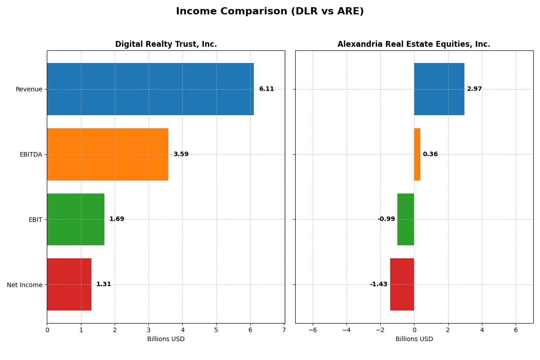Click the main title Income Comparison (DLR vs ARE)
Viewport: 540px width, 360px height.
coord(270,11)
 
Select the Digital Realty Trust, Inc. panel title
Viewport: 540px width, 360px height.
coord(166,44)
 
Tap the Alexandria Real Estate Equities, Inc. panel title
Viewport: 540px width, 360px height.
coord(414,44)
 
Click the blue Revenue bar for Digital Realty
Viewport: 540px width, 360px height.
coord(150,89)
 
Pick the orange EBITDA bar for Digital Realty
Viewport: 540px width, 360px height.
coord(108,154)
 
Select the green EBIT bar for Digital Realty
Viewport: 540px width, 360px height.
coord(76,219)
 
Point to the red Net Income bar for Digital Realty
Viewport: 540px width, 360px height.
coord(69,284)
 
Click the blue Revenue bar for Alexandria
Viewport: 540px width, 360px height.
coord(439,89)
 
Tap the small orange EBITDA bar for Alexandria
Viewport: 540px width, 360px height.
coord(417,154)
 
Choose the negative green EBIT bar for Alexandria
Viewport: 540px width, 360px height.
coord(405,219)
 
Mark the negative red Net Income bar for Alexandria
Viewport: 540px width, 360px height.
coord(402,284)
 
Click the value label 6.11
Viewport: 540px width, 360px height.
coord(266,89)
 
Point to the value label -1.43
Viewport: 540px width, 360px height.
coord(378,284)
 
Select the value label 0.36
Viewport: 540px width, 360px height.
coord(430,154)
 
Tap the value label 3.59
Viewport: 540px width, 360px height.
coord(181,154)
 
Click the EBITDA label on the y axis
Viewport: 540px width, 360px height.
coord(31,154)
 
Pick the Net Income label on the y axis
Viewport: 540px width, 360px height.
coord(25,284)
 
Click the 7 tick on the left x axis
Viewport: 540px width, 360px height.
coord(284,330)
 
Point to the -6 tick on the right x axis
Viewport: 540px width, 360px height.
coord(312,330)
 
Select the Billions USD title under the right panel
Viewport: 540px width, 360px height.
coord(414,339)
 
